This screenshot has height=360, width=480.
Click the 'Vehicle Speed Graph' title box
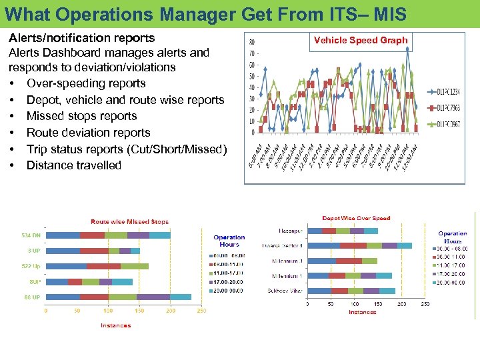pyautogui.click(x=361, y=40)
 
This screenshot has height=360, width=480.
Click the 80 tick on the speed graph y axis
pyautogui.click(x=251, y=43)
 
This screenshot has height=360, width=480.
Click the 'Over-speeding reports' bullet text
pyautogui.click(x=85, y=83)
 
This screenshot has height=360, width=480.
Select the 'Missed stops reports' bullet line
pyautogui.click(x=81, y=116)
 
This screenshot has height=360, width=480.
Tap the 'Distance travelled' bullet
pyautogui.click(x=73, y=165)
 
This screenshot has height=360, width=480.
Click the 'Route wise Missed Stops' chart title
pyautogui.click(x=130, y=221)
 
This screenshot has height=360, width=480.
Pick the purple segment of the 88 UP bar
pyautogui.click(x=153, y=297)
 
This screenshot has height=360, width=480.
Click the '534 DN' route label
pyautogui.click(x=31, y=235)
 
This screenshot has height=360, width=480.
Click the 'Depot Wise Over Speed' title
pyautogui.click(x=356, y=218)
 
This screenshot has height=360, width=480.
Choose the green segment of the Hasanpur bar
pyautogui.click(x=343, y=231)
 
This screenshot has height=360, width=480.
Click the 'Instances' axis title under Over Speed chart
pyautogui.click(x=362, y=312)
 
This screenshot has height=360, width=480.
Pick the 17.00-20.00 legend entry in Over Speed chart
pyautogui.click(x=453, y=273)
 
